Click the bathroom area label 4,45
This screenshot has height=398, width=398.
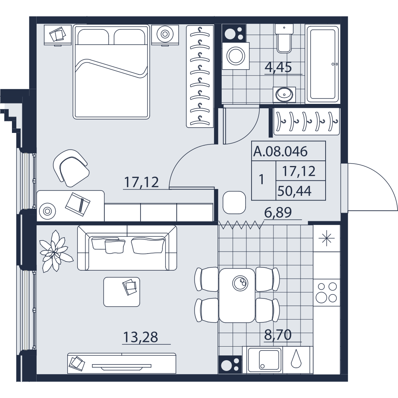278,68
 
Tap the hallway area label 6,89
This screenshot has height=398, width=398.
278,213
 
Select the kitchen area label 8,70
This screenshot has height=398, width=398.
278,335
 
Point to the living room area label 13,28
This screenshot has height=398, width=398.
140,337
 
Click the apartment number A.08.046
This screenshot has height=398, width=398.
281,152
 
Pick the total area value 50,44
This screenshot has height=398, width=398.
295,191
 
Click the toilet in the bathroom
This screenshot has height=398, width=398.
284,39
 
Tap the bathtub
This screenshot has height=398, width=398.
322,64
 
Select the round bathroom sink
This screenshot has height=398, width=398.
284,94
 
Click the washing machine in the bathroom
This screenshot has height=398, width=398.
236,56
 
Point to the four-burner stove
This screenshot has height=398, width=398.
326,293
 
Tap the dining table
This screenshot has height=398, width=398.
237,295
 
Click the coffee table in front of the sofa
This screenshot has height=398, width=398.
122,292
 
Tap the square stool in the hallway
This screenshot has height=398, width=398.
234,203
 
